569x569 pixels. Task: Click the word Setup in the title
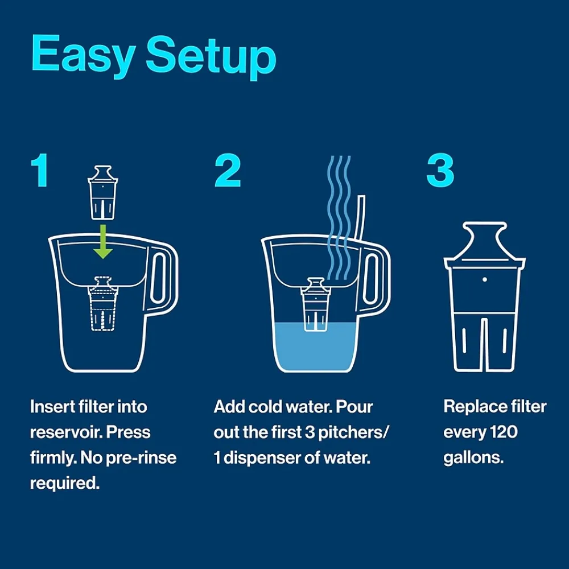[x=211, y=57]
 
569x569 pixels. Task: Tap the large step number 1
[x=40, y=170]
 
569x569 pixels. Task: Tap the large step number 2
[x=228, y=170]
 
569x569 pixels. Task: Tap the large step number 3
[x=440, y=170]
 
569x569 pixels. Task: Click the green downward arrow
[x=103, y=241]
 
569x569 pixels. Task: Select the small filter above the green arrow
[x=103, y=193]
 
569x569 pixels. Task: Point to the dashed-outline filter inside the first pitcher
[x=103, y=304]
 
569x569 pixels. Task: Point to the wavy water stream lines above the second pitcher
[x=339, y=218]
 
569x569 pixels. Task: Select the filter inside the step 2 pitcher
[x=315, y=304]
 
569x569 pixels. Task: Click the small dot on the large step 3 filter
[x=485, y=279]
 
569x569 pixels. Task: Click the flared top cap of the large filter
[x=485, y=242]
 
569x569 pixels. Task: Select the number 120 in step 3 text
[x=504, y=432]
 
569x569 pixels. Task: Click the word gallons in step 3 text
[x=473, y=457]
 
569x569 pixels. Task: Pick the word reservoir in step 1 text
[x=68, y=432]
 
